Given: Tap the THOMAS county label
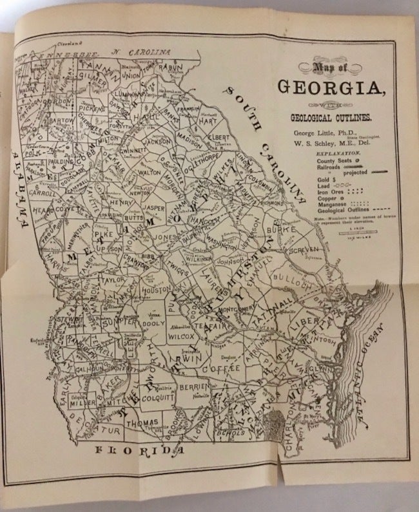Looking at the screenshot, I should click(141, 424).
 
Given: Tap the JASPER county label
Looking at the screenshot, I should click(154, 209).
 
